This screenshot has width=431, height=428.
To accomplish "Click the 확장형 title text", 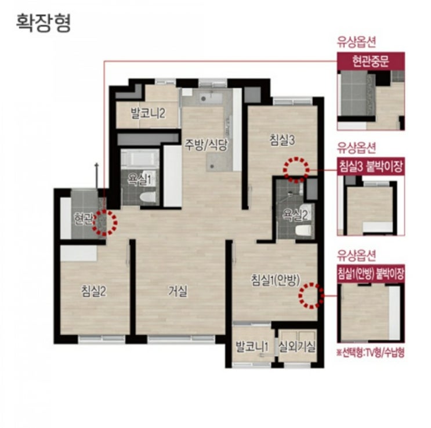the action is (44, 23).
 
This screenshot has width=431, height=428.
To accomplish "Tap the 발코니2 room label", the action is (148, 113).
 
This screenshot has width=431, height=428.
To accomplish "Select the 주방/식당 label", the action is (206, 144).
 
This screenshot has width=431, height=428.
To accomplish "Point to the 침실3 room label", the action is (282, 140).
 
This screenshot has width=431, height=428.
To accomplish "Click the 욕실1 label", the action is (139, 179).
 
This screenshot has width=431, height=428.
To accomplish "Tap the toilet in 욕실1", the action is (147, 197).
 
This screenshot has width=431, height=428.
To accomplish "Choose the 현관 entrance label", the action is (83, 219).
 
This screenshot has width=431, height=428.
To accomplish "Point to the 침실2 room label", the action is (94, 291).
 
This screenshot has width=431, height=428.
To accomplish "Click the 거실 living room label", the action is (178, 291).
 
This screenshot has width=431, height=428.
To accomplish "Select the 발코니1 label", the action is (252, 347).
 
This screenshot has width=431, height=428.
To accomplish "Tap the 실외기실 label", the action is (297, 347).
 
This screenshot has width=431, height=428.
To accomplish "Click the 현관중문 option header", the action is (371, 61).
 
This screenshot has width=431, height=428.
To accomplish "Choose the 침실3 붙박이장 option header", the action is (371, 166).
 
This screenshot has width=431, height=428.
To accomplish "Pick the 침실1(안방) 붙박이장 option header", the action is (371, 274).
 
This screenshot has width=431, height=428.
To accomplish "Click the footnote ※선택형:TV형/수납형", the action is (370, 353).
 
